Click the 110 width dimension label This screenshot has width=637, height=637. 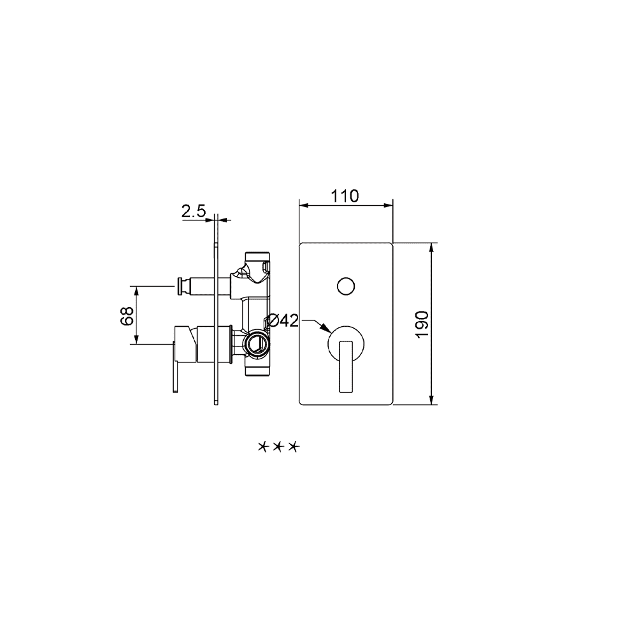click(345, 196)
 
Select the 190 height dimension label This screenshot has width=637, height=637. click(422, 324)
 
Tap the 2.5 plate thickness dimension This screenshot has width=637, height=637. click(194, 211)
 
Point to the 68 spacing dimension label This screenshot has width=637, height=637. click(127, 316)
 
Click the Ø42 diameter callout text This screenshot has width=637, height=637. click(283, 320)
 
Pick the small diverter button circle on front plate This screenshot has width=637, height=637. click(346, 287)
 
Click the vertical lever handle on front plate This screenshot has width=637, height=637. click(346, 366)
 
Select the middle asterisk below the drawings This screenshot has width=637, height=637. click(279, 447)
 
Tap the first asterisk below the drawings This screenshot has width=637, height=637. click(264, 447)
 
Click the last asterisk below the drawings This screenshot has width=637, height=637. click(293, 447)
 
